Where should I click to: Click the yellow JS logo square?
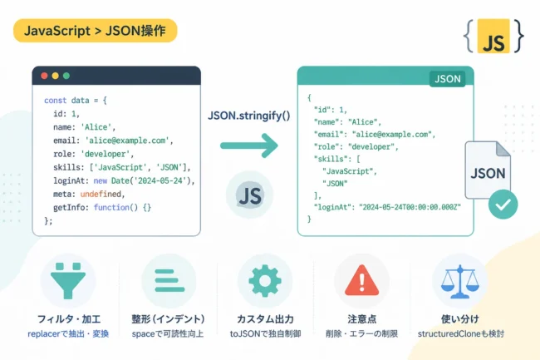(493, 37)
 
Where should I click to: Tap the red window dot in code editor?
(44, 76)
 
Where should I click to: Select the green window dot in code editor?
(66, 76)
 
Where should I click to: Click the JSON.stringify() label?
(249, 116)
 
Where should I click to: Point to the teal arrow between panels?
(249, 145)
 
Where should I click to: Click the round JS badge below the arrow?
(250, 195)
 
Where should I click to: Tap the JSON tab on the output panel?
(447, 79)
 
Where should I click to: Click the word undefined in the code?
(101, 195)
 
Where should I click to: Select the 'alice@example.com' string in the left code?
(127, 141)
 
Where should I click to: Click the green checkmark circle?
(503, 205)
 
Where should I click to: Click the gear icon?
(265, 281)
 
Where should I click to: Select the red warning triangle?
(361, 281)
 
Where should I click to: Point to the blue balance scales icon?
(459, 282)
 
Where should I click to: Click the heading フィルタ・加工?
(68, 319)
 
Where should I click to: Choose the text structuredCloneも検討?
(461, 334)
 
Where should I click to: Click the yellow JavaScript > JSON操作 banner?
(95, 31)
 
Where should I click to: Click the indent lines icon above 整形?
(169, 281)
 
